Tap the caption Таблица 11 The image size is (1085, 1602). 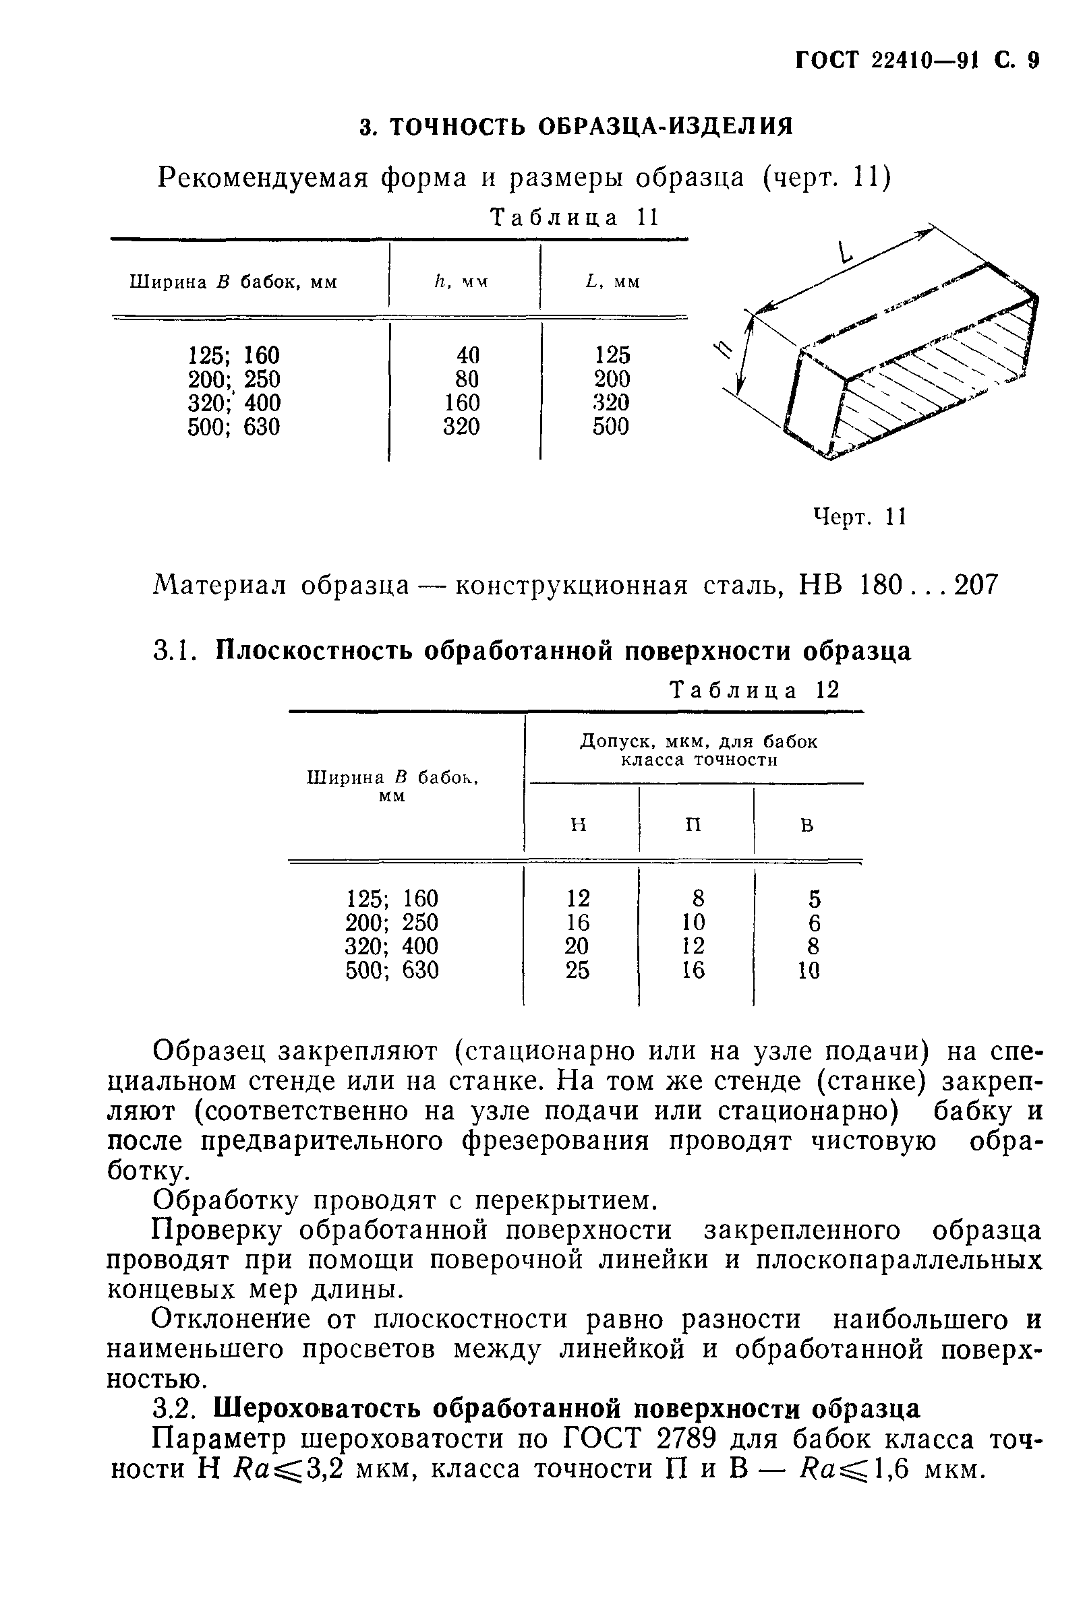[x=574, y=218]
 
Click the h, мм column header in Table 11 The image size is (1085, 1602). [x=460, y=282]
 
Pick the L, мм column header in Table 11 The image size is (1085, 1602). [x=612, y=282]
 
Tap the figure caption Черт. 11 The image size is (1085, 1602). [x=860, y=516]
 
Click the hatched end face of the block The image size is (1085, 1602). [x=931, y=386]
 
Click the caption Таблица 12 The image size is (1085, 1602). [x=755, y=690]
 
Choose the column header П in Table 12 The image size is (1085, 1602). [x=693, y=824]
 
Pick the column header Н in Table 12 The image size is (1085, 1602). [x=579, y=824]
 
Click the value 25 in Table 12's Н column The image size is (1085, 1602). [x=577, y=971]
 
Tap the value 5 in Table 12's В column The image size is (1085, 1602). [x=815, y=900]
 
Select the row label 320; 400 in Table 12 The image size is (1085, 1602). [x=391, y=946]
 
